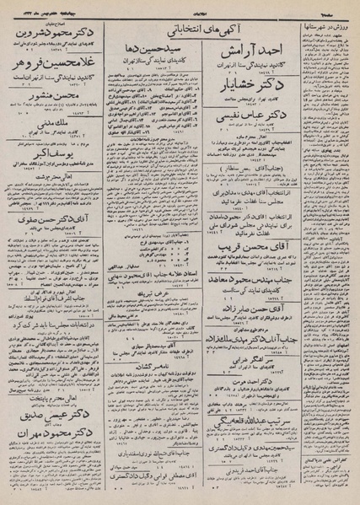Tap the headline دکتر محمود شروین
(x=56, y=26)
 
